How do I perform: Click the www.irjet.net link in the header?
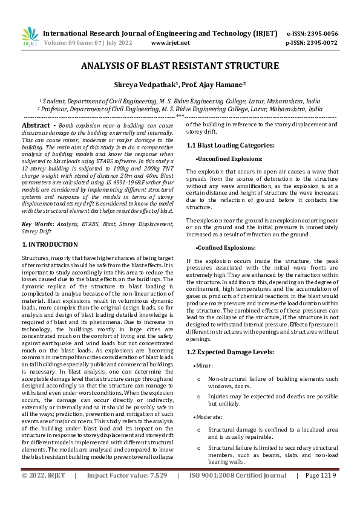(170, 43)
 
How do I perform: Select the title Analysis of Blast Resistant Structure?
(180, 66)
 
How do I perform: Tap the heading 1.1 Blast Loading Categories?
(231, 145)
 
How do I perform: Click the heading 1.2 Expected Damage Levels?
(229, 351)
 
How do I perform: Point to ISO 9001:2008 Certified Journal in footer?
(238, 492)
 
